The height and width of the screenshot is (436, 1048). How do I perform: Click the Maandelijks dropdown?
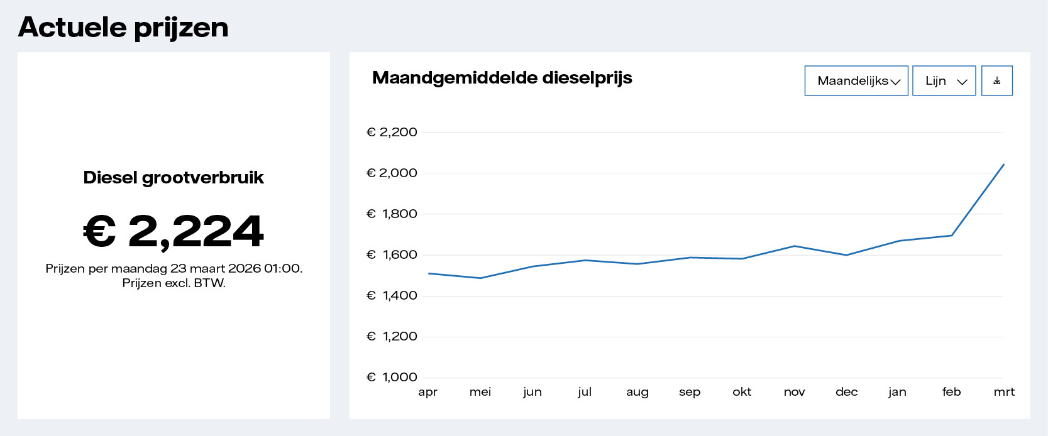point(856,81)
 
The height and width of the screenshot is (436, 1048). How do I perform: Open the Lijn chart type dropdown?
point(944,81)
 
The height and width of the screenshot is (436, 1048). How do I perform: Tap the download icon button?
point(996,81)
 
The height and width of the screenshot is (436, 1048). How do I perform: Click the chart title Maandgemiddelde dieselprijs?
point(502,78)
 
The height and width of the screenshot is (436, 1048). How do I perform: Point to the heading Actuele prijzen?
point(123,28)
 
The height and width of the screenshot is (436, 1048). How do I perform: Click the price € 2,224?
point(174,231)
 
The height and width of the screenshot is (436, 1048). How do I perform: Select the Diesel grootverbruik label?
point(174,178)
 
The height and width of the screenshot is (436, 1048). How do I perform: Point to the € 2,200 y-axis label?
point(392,133)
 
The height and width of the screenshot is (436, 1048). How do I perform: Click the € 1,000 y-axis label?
point(392,378)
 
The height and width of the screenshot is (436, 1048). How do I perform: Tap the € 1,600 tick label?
point(392,255)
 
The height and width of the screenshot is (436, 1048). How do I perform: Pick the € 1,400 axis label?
point(392,296)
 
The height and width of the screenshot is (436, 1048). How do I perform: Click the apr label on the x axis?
point(427,392)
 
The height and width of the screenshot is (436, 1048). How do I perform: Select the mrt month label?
point(1004,392)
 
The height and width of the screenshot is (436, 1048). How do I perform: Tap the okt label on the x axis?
point(742,392)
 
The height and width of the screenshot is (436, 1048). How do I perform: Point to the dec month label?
point(846,392)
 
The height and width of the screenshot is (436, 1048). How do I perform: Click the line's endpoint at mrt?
point(1003,165)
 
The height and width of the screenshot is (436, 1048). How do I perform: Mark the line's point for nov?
point(795,246)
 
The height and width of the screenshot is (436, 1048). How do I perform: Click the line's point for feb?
point(951,236)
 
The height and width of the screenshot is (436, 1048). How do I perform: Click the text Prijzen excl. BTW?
point(174,283)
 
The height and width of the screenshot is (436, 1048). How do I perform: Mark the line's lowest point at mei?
point(480,278)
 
